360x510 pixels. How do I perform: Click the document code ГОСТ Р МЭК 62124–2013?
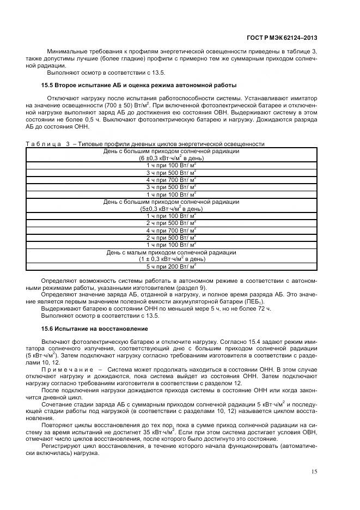(288, 38)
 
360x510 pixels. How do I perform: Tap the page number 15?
(314, 471)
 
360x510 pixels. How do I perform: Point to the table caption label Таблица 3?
(48, 144)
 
